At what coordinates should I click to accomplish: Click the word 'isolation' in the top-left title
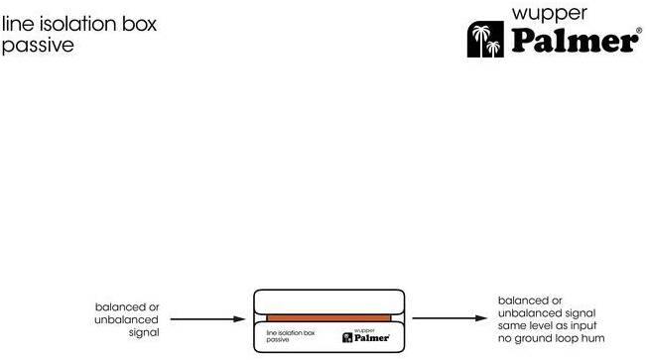click(x=78, y=24)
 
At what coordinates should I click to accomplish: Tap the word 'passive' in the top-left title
click(x=38, y=46)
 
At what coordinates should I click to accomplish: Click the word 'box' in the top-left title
click(x=140, y=24)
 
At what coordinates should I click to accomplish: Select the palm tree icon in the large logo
click(x=485, y=40)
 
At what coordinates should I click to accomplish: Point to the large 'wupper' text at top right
click(x=549, y=15)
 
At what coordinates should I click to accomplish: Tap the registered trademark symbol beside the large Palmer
click(x=639, y=30)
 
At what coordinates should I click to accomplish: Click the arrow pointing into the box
click(x=208, y=318)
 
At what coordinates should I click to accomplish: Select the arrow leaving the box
click(x=450, y=318)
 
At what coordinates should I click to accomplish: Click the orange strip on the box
click(x=328, y=318)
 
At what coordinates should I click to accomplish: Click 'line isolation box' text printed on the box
click(x=291, y=332)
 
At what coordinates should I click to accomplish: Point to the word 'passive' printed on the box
click(x=277, y=340)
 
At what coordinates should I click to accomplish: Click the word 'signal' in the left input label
click(x=144, y=332)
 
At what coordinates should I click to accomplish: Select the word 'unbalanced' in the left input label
click(x=126, y=319)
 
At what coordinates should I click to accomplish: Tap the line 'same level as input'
click(x=547, y=325)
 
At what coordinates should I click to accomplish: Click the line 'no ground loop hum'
click(x=552, y=338)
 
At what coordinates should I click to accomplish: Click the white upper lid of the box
click(x=328, y=302)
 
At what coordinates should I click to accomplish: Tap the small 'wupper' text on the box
click(x=364, y=330)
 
